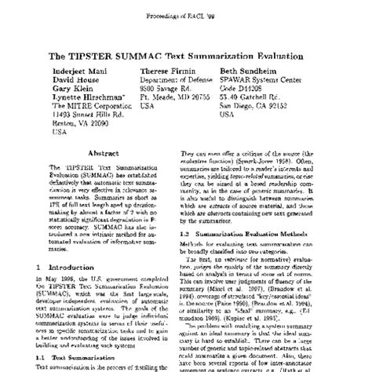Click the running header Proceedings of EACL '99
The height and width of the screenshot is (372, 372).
(x=187, y=13)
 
